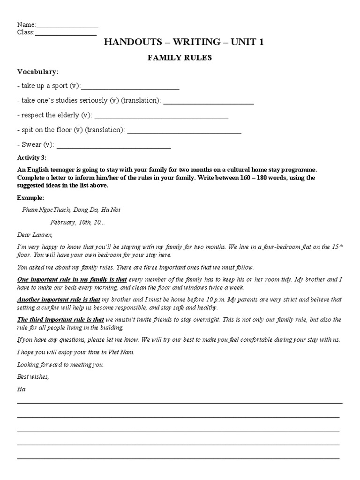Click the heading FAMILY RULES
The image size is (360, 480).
180,58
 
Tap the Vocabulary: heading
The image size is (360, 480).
38,72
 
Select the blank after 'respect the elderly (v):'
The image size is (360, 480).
161,116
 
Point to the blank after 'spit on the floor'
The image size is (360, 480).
184,130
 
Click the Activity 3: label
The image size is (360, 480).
32,157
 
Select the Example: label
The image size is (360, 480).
31,198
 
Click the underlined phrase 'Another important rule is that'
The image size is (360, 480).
59,300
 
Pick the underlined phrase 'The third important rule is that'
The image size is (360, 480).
60,320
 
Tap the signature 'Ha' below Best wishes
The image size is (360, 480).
21,389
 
